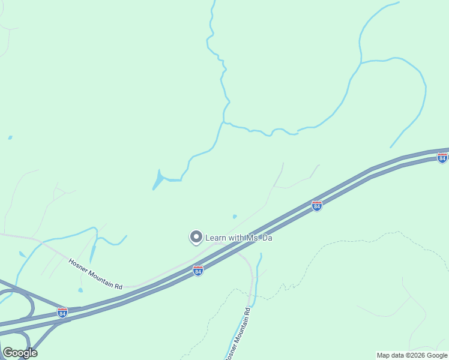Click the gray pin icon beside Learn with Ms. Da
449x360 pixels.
point(196,238)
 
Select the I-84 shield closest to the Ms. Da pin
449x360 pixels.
point(198,271)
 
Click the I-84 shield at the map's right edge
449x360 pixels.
point(442,158)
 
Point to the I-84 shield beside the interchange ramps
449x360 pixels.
point(62,312)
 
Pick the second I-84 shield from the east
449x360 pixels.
point(317,206)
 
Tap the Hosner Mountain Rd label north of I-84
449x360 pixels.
point(95,274)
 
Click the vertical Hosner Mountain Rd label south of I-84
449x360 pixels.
point(238,334)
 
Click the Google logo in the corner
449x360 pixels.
point(20,353)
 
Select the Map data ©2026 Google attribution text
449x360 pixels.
point(412,355)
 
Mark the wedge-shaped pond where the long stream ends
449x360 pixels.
point(158,179)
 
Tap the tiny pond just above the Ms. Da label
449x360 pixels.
point(235,217)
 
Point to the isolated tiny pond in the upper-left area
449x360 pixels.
point(10,137)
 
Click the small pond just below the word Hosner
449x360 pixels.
point(80,290)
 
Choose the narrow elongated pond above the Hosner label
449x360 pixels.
point(92,253)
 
